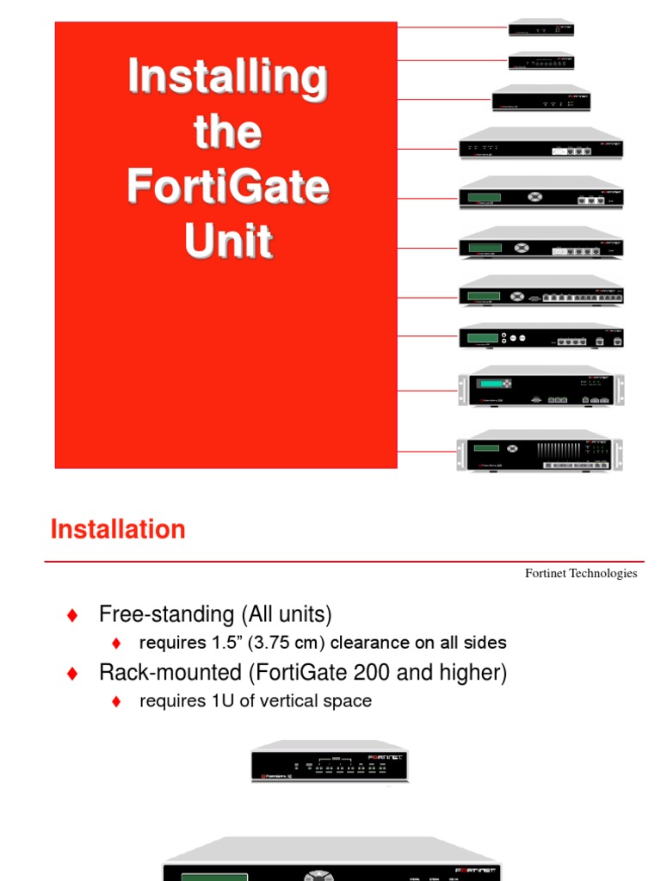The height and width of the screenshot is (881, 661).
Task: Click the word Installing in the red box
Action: (x=227, y=77)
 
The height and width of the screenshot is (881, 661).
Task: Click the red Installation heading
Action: (x=118, y=529)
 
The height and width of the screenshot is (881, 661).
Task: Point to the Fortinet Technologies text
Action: (x=581, y=573)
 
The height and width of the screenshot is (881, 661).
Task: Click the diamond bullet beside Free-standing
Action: (x=72, y=615)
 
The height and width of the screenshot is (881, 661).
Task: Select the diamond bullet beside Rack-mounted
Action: (x=72, y=674)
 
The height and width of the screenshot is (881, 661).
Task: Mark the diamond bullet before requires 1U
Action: (x=116, y=702)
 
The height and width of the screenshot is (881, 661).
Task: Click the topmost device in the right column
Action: (x=541, y=27)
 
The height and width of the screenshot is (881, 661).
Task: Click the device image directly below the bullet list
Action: (x=330, y=761)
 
